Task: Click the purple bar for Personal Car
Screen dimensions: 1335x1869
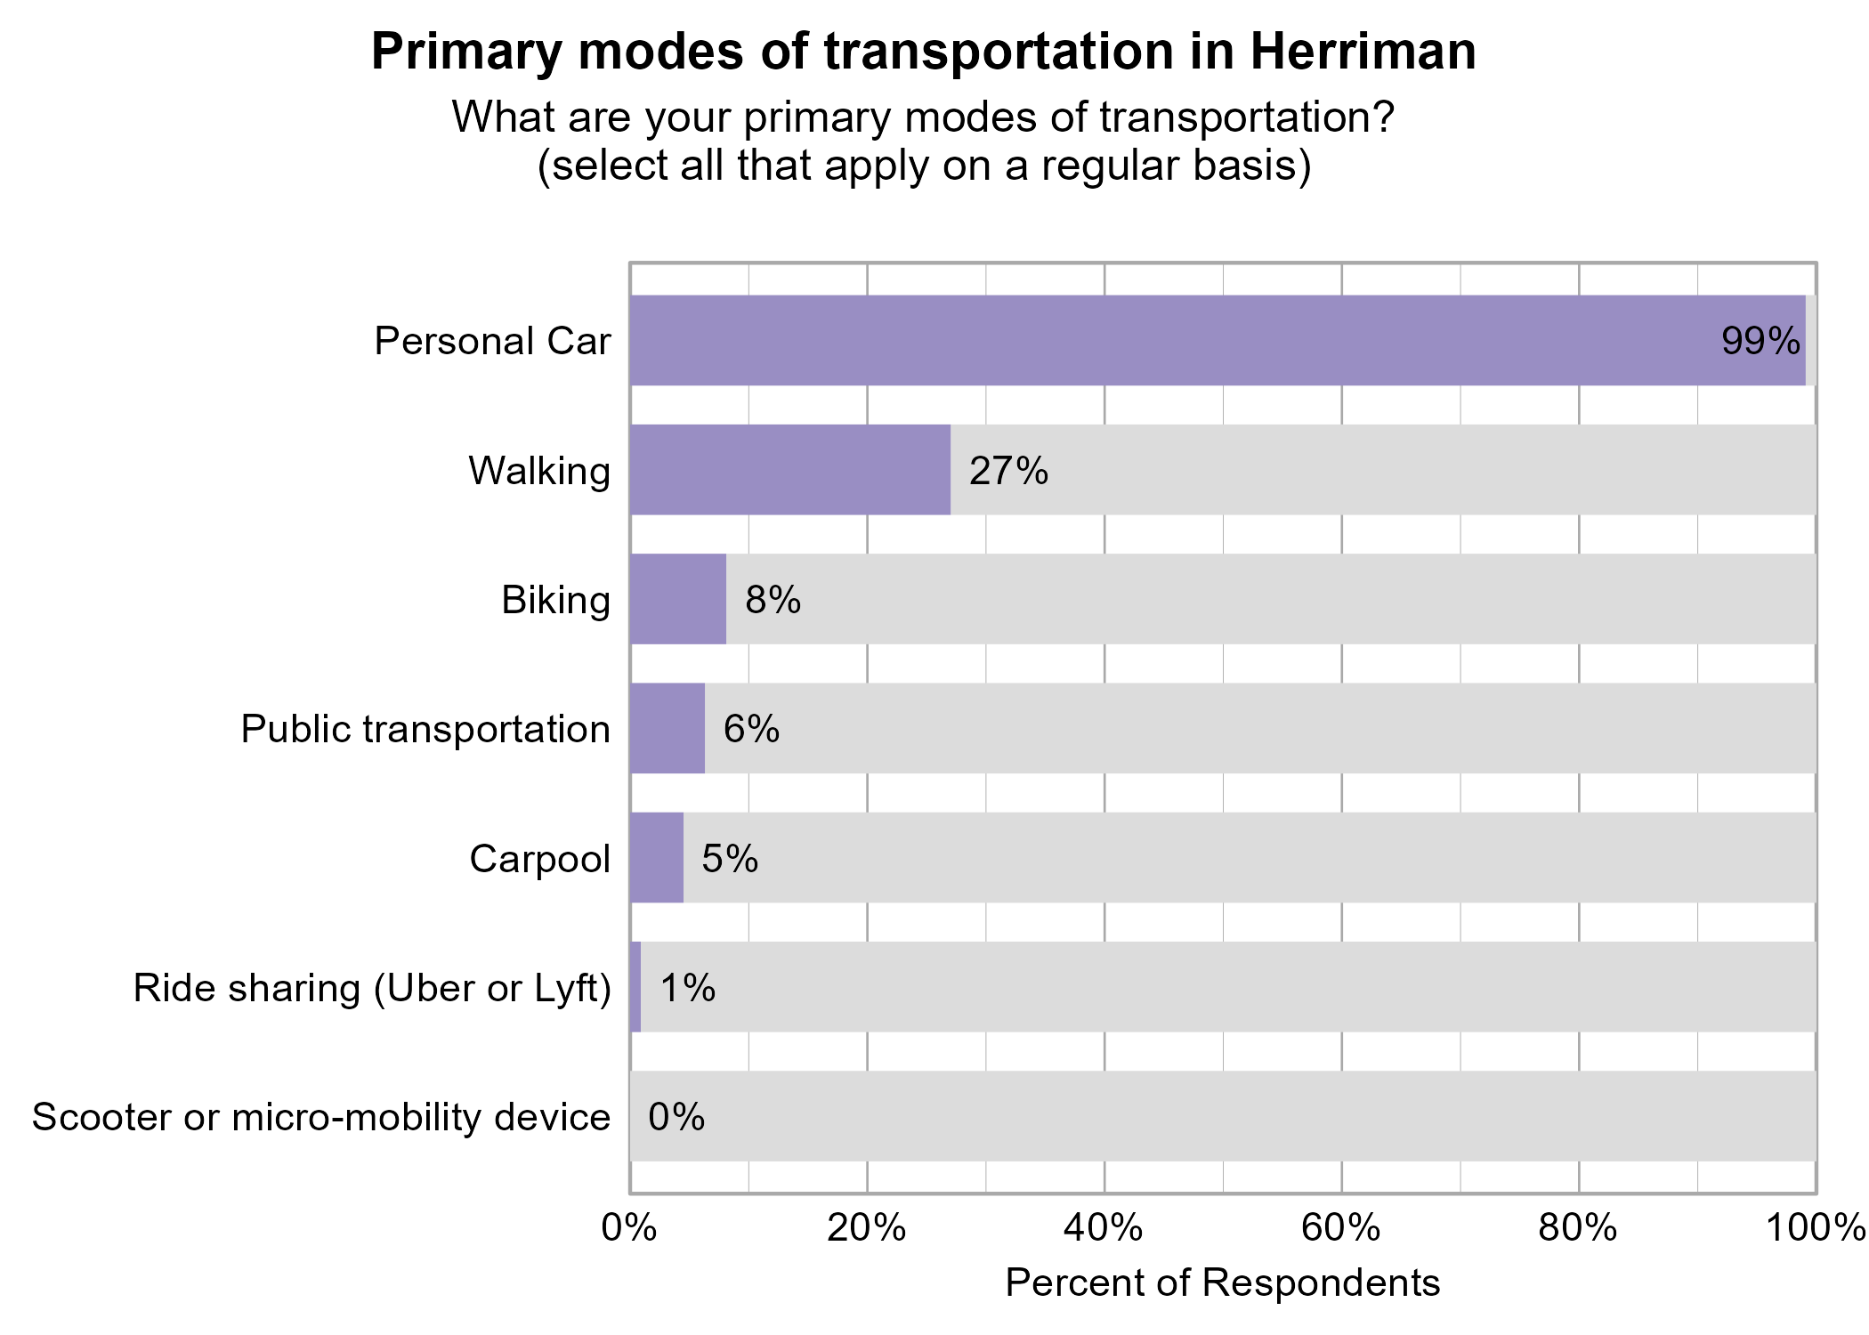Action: [x=1217, y=340]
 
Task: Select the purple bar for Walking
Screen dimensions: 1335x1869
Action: [x=789, y=470]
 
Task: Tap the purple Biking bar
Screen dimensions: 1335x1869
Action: [x=677, y=599]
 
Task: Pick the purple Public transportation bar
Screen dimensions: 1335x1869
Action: [x=667, y=728]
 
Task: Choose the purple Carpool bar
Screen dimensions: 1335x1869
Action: [x=656, y=858]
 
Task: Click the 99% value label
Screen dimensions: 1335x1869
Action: [x=1760, y=341]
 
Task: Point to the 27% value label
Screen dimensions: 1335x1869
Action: [x=1008, y=471]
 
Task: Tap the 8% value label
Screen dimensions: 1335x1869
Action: [x=773, y=600]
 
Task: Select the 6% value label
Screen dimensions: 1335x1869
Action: [x=751, y=729]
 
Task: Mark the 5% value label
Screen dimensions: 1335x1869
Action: [x=730, y=859]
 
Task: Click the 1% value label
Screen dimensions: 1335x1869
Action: [x=687, y=988]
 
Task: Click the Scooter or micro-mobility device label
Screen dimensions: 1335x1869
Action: [x=321, y=1117]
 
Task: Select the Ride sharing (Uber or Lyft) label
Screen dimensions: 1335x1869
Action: [x=372, y=988]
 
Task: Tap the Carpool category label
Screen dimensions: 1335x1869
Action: [x=539, y=859]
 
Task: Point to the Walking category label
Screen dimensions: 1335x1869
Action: [x=539, y=471]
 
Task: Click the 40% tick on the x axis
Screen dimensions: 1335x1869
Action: [x=1104, y=1228]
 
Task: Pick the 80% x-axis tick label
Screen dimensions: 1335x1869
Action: [x=1578, y=1228]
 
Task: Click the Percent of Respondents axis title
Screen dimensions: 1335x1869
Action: [x=1222, y=1282]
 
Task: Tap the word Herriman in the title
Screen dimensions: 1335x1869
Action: [x=1363, y=52]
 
